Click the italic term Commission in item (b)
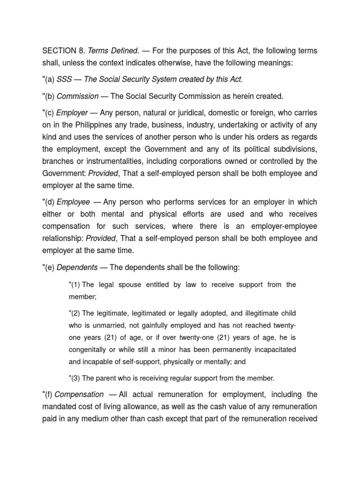[77, 96]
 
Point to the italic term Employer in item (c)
[72, 113]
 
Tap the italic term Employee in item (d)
[73, 202]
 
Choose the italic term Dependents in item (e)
[77, 267]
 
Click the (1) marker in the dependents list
[75, 285]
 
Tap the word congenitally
[90, 349]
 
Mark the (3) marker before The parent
[75, 378]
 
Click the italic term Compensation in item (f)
[81, 394]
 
